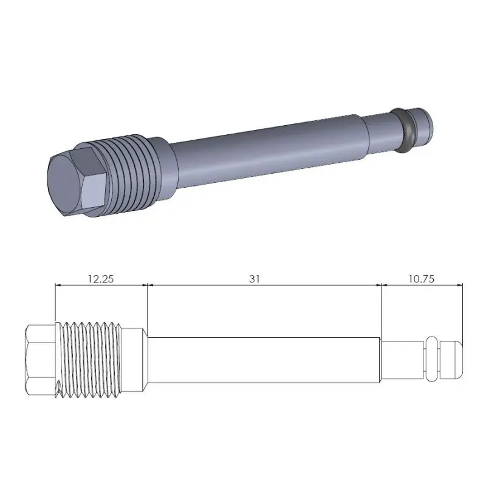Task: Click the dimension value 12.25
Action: (x=101, y=279)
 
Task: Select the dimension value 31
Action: (x=255, y=279)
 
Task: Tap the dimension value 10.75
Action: (x=421, y=279)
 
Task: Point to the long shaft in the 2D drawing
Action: (x=264, y=359)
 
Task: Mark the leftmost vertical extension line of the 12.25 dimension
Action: (x=55, y=304)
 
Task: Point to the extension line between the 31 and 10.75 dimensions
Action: (x=382, y=310)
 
